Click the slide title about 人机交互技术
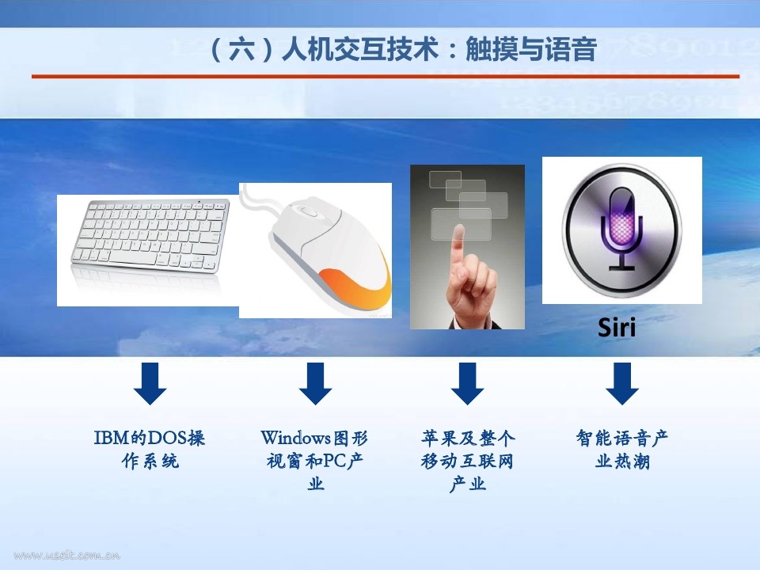(x=403, y=50)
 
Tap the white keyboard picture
(x=150, y=237)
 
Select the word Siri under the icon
(x=617, y=327)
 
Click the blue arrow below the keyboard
(x=150, y=383)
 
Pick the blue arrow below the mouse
(x=316, y=383)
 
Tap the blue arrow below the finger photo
(x=467, y=383)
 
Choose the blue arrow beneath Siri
(x=622, y=383)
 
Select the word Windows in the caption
(x=295, y=438)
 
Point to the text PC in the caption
(x=333, y=461)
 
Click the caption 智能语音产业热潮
(x=622, y=450)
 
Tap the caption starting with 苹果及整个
(x=467, y=461)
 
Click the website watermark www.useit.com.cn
(x=66, y=556)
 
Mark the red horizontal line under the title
(x=386, y=76)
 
